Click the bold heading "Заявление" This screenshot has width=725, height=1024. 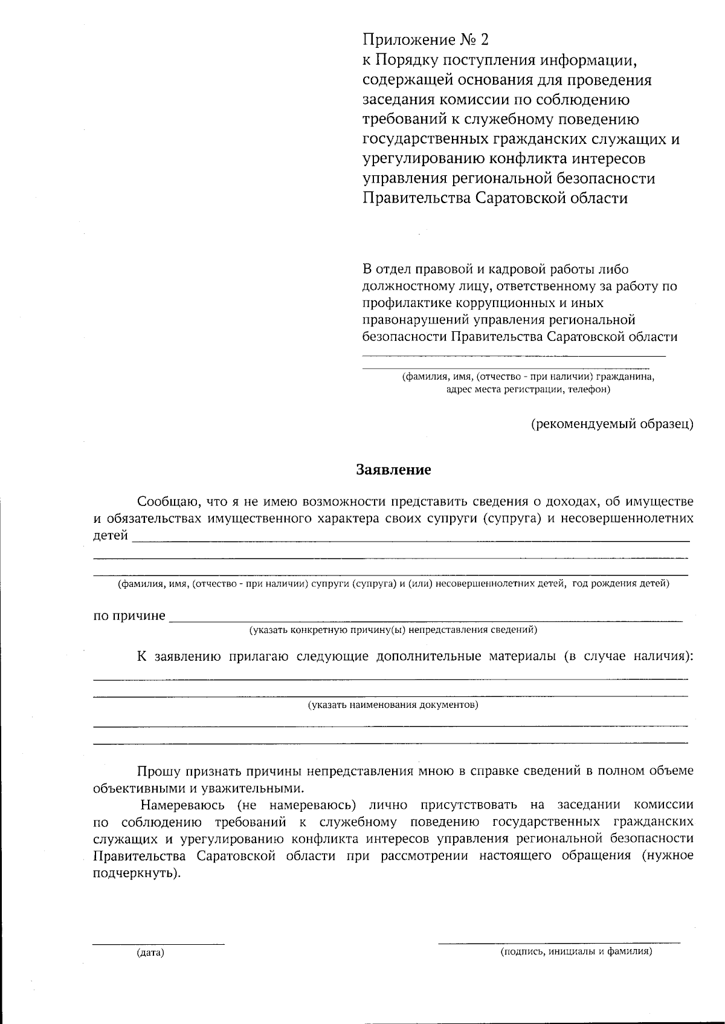(393, 470)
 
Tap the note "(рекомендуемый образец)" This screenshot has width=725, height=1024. (612, 424)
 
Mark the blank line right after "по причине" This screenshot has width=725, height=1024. (426, 620)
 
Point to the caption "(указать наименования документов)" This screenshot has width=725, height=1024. (393, 705)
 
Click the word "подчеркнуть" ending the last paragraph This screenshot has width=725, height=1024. (135, 873)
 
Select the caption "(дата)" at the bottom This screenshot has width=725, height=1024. (150, 953)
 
